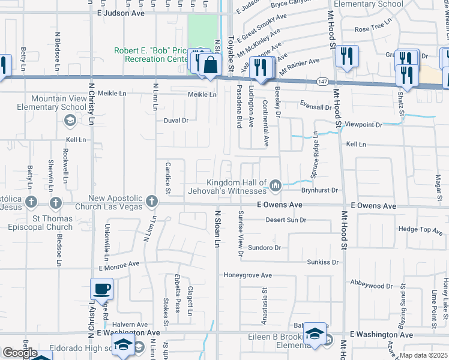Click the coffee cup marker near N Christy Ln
point(101,289)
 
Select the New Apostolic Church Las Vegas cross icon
point(152,202)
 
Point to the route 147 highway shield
point(322,81)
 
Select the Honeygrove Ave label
point(248,275)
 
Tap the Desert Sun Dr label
point(286,220)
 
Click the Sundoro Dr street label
point(265,247)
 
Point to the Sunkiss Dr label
point(323,262)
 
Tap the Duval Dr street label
point(176,120)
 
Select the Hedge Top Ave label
point(420,229)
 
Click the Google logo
point(19,353)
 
